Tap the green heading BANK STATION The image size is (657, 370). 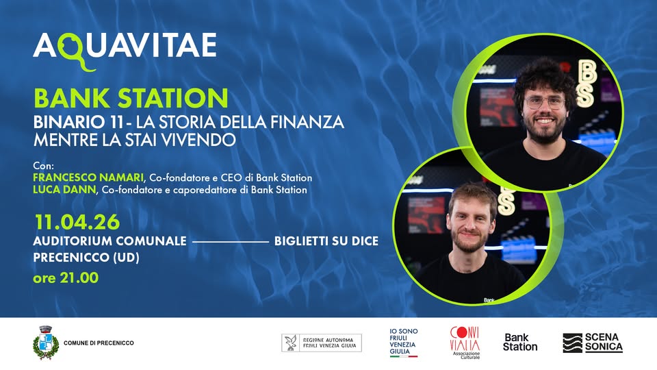click(131, 98)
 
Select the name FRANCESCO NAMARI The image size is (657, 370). click(88, 177)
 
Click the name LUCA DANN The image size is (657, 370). click(64, 190)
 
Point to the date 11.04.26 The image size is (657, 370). click(77, 222)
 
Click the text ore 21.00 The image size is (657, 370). click(66, 277)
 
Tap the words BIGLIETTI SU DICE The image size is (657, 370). click(326, 241)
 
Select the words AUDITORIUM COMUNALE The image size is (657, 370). click(109, 241)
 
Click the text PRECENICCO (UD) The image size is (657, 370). click(86, 258)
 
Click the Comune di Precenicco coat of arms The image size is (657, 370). click(46, 343)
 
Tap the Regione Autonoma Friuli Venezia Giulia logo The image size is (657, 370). click(322, 343)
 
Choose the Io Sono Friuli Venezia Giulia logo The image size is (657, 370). click(404, 343)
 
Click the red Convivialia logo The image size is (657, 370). click(465, 343)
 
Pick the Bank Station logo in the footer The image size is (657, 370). click(520, 343)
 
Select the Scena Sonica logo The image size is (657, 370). click(593, 343)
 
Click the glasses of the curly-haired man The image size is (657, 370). click(545, 102)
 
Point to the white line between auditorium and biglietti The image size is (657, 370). click(231, 242)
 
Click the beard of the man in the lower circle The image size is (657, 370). click(469, 241)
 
